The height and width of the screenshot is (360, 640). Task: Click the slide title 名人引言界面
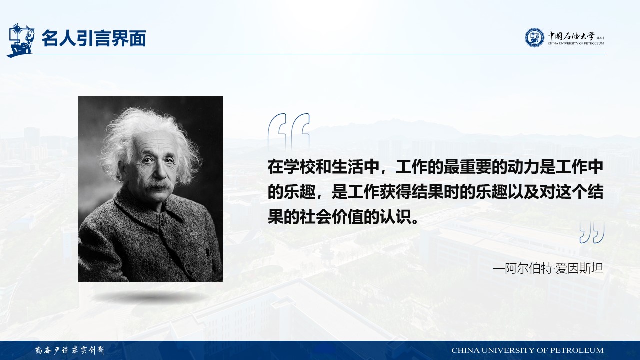tap(94, 38)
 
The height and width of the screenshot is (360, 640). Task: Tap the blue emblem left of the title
tap(21, 40)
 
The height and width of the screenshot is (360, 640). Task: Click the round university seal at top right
tap(534, 37)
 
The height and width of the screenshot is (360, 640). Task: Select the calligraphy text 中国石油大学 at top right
tap(571, 36)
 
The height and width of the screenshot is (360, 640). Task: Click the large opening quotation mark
tap(288, 131)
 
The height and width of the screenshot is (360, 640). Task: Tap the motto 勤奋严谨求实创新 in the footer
tap(70, 350)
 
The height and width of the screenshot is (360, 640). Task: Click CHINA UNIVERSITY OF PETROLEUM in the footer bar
tap(527, 350)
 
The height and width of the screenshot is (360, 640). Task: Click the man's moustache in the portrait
tap(158, 185)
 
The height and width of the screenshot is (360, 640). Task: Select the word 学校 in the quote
tap(300, 167)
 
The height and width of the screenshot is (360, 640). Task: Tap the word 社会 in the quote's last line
tap(316, 217)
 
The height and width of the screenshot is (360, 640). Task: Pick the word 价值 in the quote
tap(348, 217)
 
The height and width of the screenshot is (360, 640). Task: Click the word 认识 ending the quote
tap(396, 217)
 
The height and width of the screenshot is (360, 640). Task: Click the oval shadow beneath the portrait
tap(150, 297)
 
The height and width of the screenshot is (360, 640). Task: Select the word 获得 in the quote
tap(396, 192)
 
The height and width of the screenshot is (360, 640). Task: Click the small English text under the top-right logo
tap(576, 43)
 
